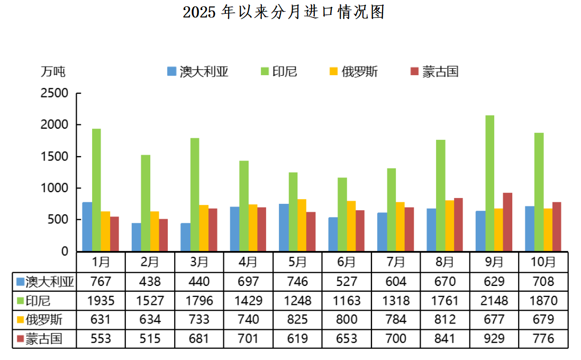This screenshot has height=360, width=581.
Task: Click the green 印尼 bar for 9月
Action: [x=489, y=183]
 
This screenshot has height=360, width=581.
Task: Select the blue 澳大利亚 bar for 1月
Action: [x=87, y=227]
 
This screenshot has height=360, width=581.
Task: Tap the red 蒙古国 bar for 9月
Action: [x=507, y=222]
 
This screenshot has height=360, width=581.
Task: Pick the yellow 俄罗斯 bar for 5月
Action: [x=301, y=225]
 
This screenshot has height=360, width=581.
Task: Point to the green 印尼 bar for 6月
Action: [x=342, y=214]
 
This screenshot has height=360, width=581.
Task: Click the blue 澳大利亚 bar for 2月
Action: [x=136, y=237]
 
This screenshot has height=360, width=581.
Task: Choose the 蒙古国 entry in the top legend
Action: [x=434, y=71]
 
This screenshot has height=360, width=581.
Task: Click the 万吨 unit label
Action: [x=53, y=71]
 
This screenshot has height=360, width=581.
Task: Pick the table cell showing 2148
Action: [x=494, y=301]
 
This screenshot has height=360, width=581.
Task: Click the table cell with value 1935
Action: [x=101, y=301]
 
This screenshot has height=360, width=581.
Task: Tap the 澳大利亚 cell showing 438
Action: [x=150, y=282]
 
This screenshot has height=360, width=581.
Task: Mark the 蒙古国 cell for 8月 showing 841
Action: [x=444, y=339]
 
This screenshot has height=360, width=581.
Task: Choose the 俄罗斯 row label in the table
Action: [x=43, y=320]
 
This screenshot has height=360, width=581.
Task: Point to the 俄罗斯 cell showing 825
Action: [x=297, y=320]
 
